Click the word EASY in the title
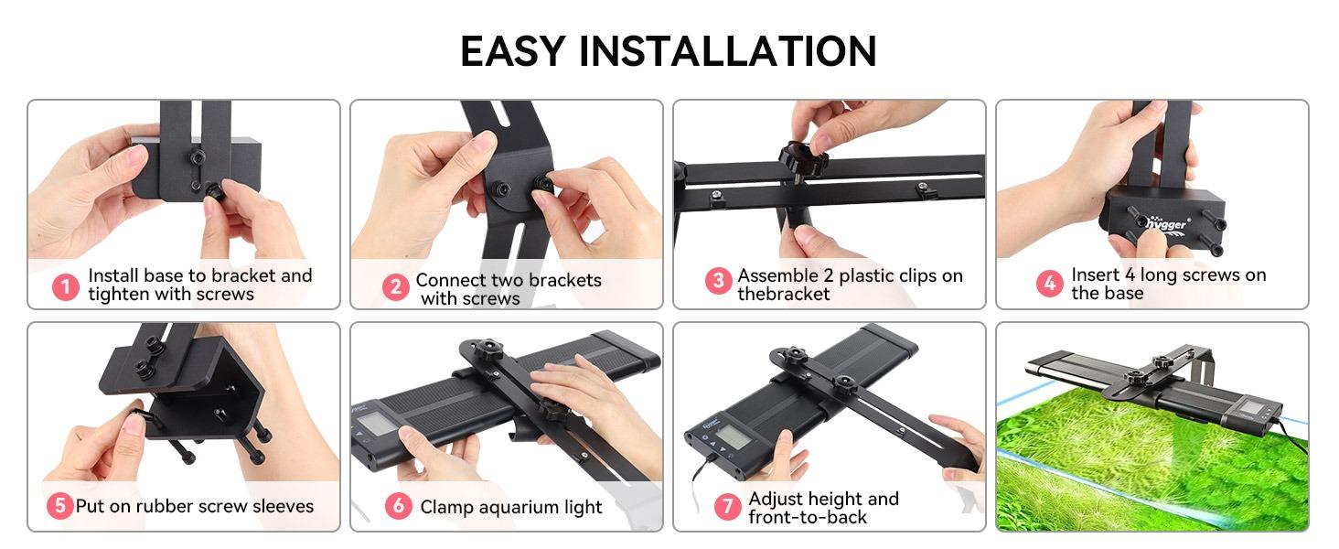512,51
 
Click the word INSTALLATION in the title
727,51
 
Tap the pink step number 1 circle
65,287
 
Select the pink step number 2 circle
395,287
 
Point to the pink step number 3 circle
718,281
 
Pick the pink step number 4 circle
1049,283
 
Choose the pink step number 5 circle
59,506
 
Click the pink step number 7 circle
727,507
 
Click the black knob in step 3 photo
803,158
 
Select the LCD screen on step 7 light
734,437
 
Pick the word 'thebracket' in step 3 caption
783,294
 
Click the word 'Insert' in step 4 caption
1096,274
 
